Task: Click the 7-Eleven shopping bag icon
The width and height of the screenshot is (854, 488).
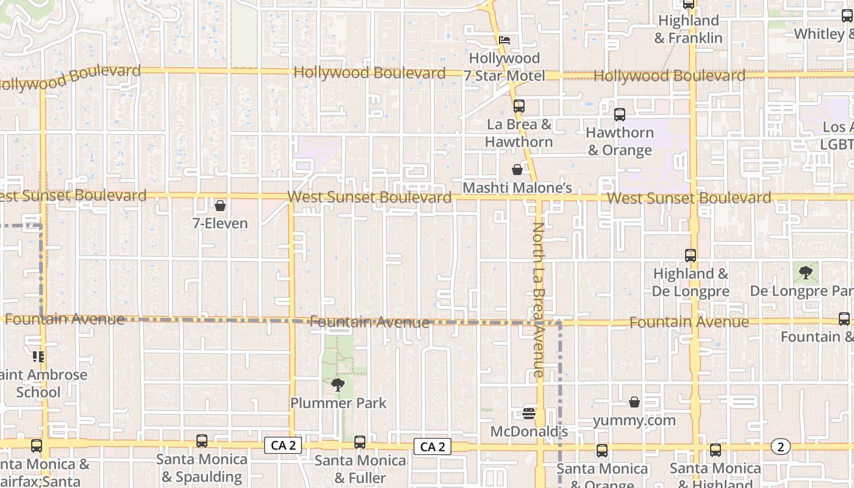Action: tap(220, 206)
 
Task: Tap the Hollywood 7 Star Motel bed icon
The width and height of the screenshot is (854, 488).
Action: tap(504, 41)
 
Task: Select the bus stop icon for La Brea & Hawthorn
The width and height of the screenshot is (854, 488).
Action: tap(518, 106)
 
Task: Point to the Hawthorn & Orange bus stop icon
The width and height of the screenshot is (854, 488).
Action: tap(619, 114)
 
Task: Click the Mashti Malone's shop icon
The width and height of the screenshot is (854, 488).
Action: tap(517, 170)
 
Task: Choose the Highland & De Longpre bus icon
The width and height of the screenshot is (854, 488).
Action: tap(690, 256)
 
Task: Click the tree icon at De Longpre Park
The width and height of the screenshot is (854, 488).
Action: tap(806, 272)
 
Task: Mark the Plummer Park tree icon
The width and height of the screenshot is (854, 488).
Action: tap(337, 384)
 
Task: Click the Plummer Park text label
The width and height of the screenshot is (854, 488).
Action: tap(338, 403)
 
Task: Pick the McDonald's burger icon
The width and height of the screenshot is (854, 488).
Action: tap(529, 414)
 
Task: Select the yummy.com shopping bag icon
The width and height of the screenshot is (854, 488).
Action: tap(634, 402)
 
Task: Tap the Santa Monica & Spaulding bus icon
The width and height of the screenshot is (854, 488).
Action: tap(201, 441)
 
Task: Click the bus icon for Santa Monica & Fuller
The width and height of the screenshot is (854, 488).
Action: tap(360, 442)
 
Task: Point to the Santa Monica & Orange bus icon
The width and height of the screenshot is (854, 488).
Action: tap(601, 451)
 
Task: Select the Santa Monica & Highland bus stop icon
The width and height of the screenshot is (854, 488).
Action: tap(715, 450)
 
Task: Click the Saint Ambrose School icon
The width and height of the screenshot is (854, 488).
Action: tap(38, 356)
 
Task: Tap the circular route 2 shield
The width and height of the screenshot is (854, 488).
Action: tap(780, 447)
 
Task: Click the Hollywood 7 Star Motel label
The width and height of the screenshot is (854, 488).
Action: tap(504, 67)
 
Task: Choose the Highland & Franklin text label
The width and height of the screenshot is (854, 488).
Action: tap(689, 29)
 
